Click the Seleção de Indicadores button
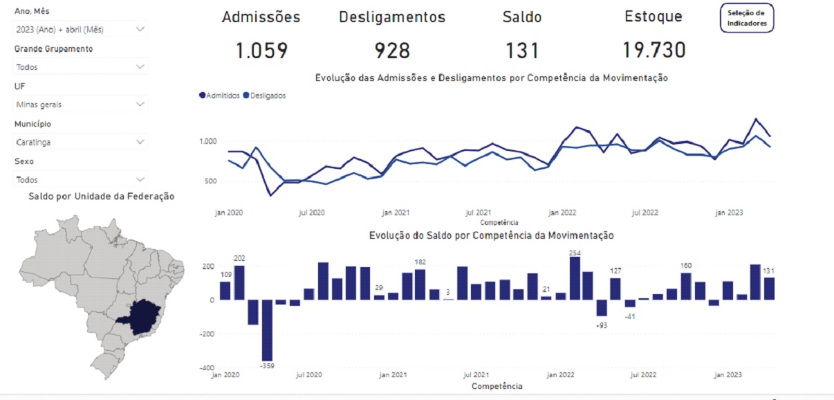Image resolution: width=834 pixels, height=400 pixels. [x=747, y=18]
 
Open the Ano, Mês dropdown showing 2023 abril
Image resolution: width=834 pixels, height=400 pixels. [x=80, y=29]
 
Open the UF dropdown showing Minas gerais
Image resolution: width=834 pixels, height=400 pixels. [x=80, y=104]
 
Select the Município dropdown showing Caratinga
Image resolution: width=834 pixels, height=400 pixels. [x=80, y=142]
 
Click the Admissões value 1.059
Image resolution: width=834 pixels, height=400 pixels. [x=261, y=51]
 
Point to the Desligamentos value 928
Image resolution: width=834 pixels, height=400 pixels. [x=392, y=51]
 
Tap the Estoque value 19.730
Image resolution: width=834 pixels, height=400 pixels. [x=654, y=51]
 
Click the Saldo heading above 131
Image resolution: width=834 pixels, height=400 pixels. [x=522, y=17]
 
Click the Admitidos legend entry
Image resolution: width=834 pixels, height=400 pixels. [x=221, y=96]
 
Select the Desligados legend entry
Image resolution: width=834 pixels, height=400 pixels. [x=266, y=96]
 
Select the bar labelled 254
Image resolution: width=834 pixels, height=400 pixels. [x=575, y=279]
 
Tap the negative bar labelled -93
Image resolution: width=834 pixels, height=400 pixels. [x=602, y=307]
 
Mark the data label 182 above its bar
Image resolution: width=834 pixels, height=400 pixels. [x=420, y=262]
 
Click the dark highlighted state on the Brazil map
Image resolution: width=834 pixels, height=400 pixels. [x=142, y=313]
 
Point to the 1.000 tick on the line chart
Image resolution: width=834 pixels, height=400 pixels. [x=208, y=141]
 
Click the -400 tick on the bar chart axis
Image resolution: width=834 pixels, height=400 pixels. [x=207, y=368]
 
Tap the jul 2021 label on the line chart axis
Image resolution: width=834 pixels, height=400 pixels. [x=479, y=212]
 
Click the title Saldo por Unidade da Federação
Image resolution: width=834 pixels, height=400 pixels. [x=101, y=197]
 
